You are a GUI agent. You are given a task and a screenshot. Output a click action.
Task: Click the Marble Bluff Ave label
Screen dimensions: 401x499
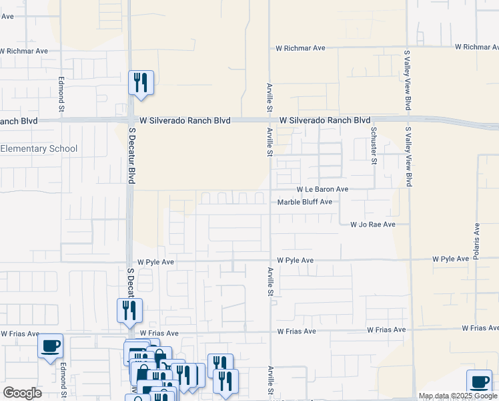(x=304, y=202)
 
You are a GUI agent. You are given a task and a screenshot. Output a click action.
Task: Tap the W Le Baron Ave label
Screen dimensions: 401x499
(x=323, y=190)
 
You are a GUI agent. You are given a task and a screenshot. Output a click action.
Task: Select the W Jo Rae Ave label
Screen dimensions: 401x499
(x=373, y=225)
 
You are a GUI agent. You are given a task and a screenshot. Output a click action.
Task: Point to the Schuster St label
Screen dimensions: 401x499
(x=374, y=144)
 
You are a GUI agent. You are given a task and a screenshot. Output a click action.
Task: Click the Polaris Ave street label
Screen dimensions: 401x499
(x=476, y=241)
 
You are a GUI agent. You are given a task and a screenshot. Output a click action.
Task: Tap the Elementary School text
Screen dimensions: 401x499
(x=39, y=149)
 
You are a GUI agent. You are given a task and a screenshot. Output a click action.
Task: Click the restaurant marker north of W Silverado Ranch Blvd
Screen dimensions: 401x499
(x=141, y=83)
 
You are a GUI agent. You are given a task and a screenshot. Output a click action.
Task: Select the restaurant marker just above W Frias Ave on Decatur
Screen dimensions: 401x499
(x=129, y=310)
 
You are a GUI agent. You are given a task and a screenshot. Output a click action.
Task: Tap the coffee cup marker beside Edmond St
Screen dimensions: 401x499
(x=51, y=346)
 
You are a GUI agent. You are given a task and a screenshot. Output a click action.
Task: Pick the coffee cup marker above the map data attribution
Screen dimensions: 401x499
(x=478, y=382)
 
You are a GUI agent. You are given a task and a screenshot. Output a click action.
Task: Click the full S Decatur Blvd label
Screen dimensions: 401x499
(x=131, y=154)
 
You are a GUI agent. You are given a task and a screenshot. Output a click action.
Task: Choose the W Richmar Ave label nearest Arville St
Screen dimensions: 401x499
(x=300, y=48)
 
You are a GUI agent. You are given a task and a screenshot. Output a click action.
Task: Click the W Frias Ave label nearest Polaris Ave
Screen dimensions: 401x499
(x=480, y=328)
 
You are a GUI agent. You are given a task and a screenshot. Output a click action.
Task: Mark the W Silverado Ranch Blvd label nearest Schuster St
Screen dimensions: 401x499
(x=325, y=120)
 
